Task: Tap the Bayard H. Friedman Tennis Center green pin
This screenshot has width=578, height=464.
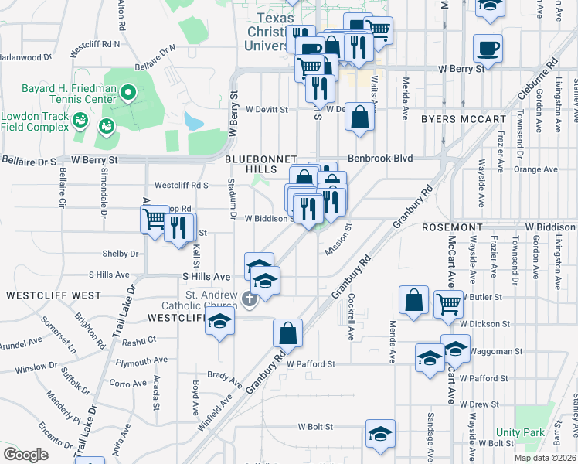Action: pyautogui.click(x=129, y=95)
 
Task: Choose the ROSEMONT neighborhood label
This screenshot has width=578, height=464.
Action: pyautogui.click(x=452, y=227)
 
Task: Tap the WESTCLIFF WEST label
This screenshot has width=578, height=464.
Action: pyautogui.click(x=53, y=295)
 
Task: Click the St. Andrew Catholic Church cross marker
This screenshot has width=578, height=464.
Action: pyautogui.click(x=250, y=299)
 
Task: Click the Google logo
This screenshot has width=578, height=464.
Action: pyautogui.click(x=26, y=455)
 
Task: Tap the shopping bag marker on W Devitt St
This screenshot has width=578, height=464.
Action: pyautogui.click(x=361, y=118)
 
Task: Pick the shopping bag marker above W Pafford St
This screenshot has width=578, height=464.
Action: pyautogui.click(x=287, y=334)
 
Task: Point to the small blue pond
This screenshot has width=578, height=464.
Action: pyautogui.click(x=194, y=121)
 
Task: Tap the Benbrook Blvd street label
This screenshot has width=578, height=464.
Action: pyautogui.click(x=380, y=159)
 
